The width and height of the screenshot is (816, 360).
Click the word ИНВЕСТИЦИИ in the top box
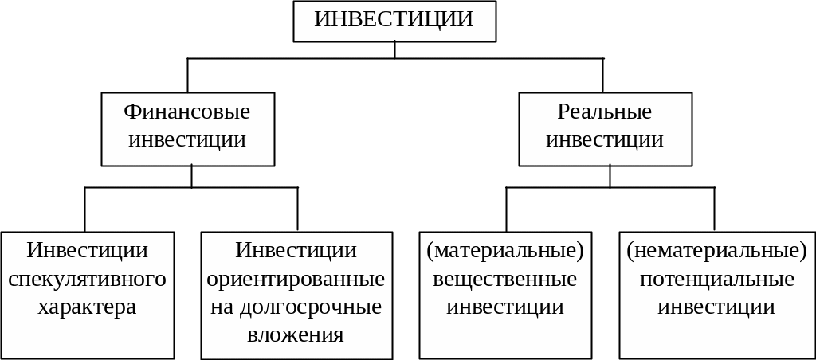pyautogui.click(x=394, y=20)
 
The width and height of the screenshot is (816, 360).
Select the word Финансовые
pyautogui.click(x=187, y=112)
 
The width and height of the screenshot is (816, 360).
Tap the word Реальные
pyautogui.click(x=605, y=112)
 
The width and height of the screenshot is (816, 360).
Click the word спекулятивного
pyautogui.click(x=88, y=279)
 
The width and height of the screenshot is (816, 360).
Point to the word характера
pyautogui.click(x=88, y=307)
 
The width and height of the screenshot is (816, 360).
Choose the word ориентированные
pyautogui.click(x=296, y=279)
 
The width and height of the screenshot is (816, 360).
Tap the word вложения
pyautogui.click(x=296, y=335)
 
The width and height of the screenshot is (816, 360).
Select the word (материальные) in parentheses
pyautogui.click(x=505, y=251)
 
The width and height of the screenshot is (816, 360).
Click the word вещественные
pyautogui.click(x=505, y=279)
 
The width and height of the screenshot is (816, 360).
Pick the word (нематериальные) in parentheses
pyautogui.click(x=716, y=251)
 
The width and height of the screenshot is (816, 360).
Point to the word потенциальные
pyautogui.click(x=716, y=279)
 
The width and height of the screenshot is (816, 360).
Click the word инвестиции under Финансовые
pyautogui.click(x=187, y=140)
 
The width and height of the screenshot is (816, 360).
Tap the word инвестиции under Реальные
pyautogui.click(x=605, y=140)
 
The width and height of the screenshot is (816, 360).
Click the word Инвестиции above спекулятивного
pyautogui.click(x=88, y=251)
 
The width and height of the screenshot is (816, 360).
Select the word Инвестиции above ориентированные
pyautogui.click(x=296, y=251)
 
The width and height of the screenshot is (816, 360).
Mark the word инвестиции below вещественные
pyautogui.click(x=505, y=307)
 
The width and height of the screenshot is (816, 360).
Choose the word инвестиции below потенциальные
pyautogui.click(x=716, y=307)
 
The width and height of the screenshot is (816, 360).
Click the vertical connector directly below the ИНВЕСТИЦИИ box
pyautogui.click(x=394, y=49)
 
